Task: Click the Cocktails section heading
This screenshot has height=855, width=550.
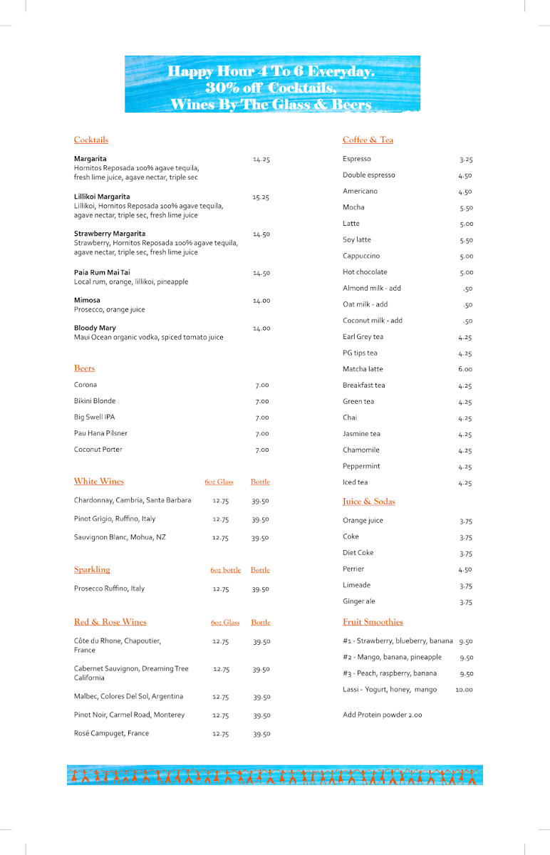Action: click(x=91, y=140)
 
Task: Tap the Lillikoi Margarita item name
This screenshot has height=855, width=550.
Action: click(x=102, y=197)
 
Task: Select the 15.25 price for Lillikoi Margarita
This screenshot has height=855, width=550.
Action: click(x=261, y=197)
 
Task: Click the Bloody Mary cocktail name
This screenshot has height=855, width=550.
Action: click(x=95, y=328)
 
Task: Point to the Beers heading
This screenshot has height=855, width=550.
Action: click(x=84, y=368)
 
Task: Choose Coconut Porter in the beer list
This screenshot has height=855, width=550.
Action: click(x=98, y=450)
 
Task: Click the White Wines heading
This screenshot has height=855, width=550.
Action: click(x=99, y=482)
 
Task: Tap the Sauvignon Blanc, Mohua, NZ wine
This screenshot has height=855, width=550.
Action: click(x=120, y=537)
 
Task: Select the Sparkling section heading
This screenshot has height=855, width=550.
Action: click(x=92, y=570)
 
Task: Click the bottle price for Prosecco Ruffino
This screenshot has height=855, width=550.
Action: click(x=260, y=589)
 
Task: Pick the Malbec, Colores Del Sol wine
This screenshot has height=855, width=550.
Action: click(x=128, y=697)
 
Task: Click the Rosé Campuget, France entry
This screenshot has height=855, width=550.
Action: click(x=111, y=734)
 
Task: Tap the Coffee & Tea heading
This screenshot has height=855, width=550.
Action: click(x=368, y=140)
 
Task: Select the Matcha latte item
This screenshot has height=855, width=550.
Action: click(x=363, y=369)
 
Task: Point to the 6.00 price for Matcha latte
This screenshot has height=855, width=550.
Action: click(x=465, y=369)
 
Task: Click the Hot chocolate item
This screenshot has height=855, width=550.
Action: click(x=365, y=272)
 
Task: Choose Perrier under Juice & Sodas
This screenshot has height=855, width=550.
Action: click(x=353, y=569)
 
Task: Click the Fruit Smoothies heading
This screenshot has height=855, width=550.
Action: click(x=373, y=622)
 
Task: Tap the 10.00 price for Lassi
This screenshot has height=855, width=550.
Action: click(x=464, y=690)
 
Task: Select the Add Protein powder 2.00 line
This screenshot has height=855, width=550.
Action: click(x=382, y=715)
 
